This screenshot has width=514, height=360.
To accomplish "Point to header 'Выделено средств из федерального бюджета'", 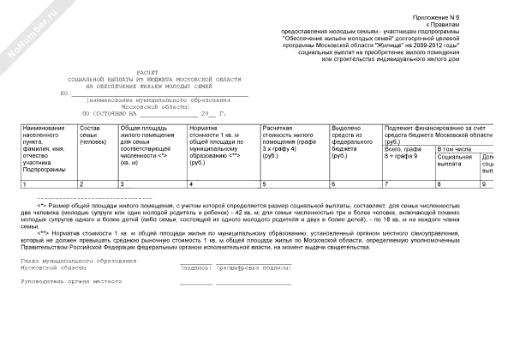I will [350, 141].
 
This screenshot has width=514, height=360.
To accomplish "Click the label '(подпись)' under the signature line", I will [195, 267].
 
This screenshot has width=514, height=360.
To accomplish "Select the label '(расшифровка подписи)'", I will [253, 267].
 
